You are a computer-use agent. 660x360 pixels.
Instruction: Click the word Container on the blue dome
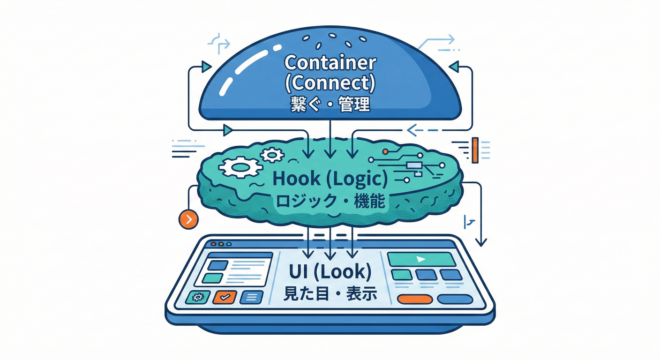[x=330, y=62]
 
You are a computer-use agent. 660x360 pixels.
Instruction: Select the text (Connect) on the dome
[x=330, y=83]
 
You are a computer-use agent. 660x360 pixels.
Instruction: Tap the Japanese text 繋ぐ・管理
[x=330, y=104]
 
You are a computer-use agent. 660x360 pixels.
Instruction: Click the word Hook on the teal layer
[x=290, y=179]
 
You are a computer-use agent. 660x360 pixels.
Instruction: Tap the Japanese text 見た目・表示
[x=330, y=294]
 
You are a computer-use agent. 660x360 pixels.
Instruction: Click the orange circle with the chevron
[x=188, y=219]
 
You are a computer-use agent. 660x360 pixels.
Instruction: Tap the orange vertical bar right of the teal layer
[x=475, y=150]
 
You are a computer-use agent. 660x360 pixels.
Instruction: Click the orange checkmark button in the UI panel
[x=224, y=297]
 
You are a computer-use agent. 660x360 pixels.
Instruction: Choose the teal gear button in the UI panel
[x=197, y=297]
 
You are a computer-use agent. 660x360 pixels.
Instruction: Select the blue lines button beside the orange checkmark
[x=251, y=297]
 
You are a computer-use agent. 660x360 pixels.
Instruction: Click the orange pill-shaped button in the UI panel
[x=414, y=299]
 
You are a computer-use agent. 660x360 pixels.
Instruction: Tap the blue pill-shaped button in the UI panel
[x=454, y=299]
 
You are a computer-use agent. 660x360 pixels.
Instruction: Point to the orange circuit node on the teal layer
[x=385, y=152]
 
